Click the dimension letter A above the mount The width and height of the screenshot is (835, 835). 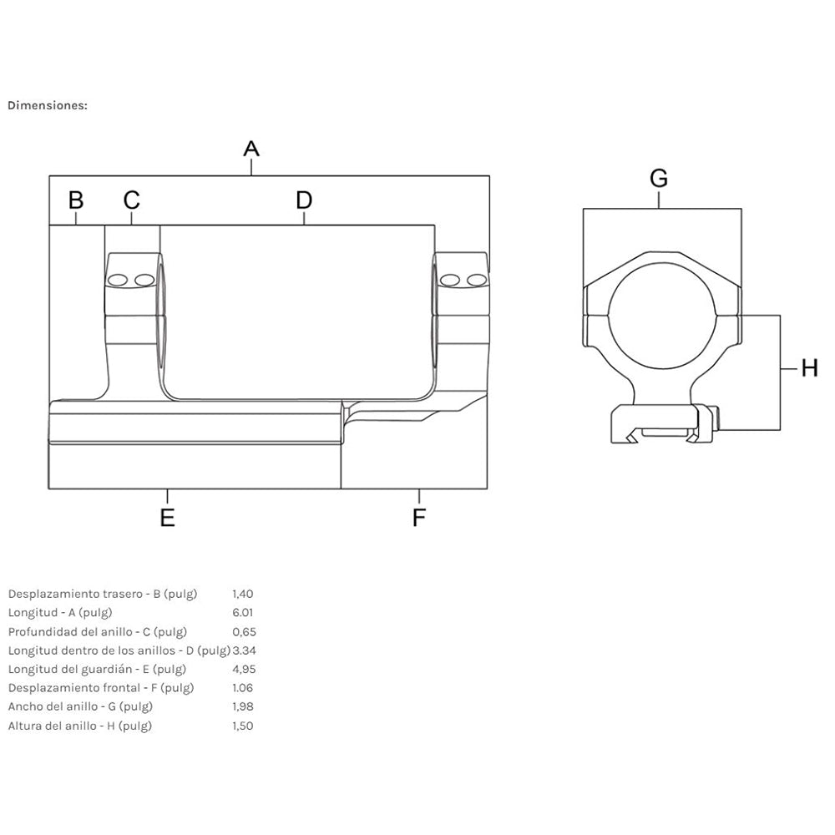pyautogui.click(x=251, y=149)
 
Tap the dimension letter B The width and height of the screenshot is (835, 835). pyautogui.click(x=76, y=200)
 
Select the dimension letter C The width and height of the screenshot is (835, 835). pyautogui.click(x=132, y=200)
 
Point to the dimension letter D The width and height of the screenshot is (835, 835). pyautogui.click(x=304, y=200)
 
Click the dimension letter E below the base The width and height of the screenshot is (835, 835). pyautogui.click(x=167, y=517)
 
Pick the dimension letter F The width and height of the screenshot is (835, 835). pyautogui.click(x=419, y=517)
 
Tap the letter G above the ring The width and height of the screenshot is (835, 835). pyautogui.click(x=659, y=178)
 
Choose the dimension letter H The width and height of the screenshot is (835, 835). pyautogui.click(x=809, y=368)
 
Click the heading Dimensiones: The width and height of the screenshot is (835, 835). pyautogui.click(x=48, y=105)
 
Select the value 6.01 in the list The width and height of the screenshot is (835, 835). pyautogui.click(x=242, y=612)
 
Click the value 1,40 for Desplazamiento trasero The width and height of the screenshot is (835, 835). pyautogui.click(x=243, y=594)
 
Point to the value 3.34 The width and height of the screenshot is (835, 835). pyautogui.click(x=245, y=650)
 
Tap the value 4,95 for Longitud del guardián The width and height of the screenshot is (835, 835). pyautogui.click(x=244, y=669)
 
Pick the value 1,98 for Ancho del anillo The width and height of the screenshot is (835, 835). pyautogui.click(x=243, y=706)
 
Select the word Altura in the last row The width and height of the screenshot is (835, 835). pyautogui.click(x=24, y=726)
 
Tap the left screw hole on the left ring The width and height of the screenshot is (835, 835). pyautogui.click(x=117, y=280)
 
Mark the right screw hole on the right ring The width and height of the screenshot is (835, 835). pyautogui.click(x=477, y=280)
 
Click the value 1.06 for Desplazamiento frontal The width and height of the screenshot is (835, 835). pyautogui.click(x=242, y=687)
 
